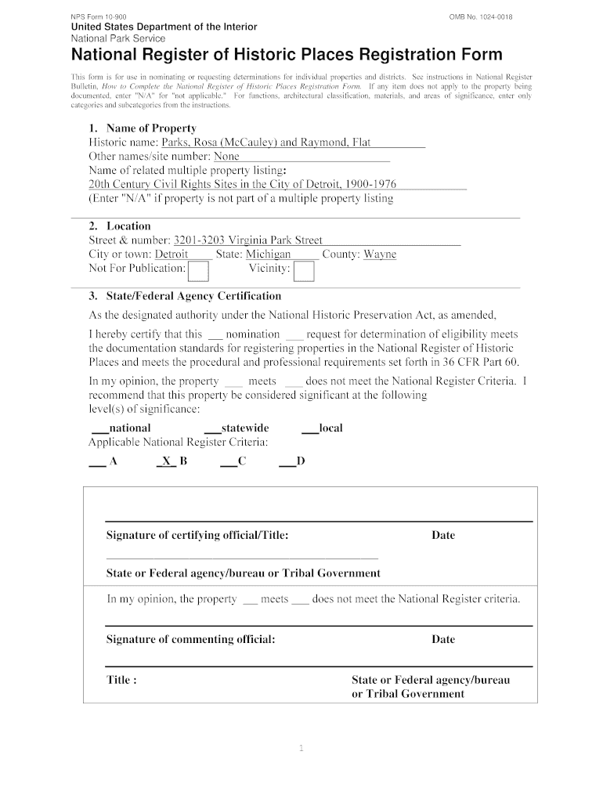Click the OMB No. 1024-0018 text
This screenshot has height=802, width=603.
point(481,16)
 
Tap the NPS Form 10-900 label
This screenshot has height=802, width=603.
point(99,16)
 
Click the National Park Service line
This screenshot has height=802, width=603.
point(117,38)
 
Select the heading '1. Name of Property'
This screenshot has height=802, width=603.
point(143,128)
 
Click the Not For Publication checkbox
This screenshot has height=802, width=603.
point(199,271)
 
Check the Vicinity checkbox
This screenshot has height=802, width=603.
point(304,271)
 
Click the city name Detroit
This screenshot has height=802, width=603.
point(171,255)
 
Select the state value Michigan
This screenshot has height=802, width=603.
point(269,255)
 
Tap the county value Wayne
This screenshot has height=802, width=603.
point(380,255)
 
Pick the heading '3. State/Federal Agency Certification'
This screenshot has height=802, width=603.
point(185,296)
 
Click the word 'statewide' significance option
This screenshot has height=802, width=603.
point(245,428)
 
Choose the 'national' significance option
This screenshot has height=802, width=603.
point(130,428)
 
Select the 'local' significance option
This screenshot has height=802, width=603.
point(330,428)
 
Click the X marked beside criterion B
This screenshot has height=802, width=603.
point(167,461)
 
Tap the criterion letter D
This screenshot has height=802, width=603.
point(301,461)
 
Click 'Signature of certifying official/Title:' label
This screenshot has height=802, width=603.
point(197,536)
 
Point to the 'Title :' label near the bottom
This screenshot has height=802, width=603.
point(122,680)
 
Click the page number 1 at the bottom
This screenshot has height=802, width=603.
point(301,749)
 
